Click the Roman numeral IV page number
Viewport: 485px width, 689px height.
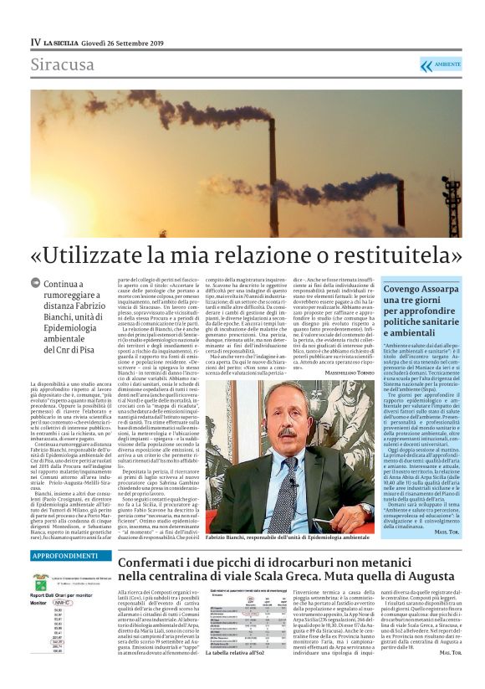click(x=34, y=43)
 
